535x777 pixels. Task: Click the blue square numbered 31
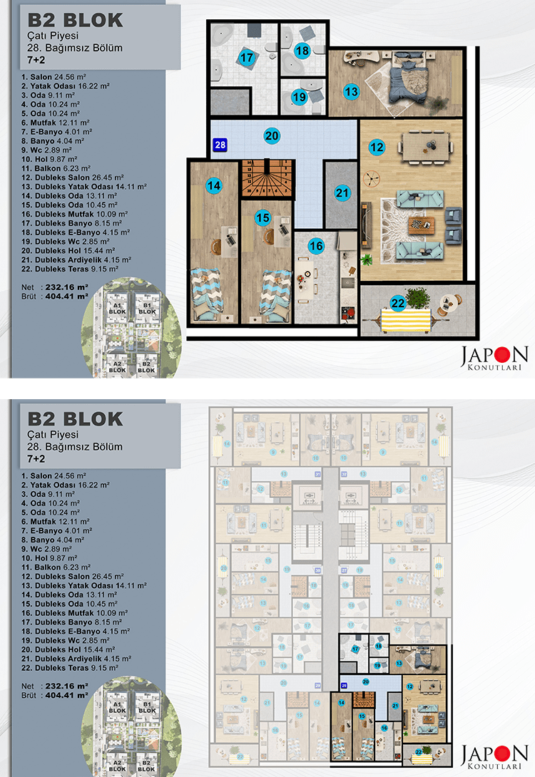click(x=319, y=474)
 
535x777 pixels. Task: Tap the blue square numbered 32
click(x=343, y=474)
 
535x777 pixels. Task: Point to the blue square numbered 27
click(x=343, y=570)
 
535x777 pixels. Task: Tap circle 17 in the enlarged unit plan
click(x=247, y=58)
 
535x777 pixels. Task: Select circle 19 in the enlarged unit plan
click(x=298, y=97)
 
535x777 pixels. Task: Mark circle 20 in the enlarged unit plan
click(x=271, y=135)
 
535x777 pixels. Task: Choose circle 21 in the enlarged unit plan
click(x=342, y=192)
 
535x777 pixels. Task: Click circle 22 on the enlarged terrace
click(x=398, y=302)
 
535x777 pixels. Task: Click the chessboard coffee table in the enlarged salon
click(x=416, y=223)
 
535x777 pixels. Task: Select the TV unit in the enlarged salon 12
click(x=366, y=222)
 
